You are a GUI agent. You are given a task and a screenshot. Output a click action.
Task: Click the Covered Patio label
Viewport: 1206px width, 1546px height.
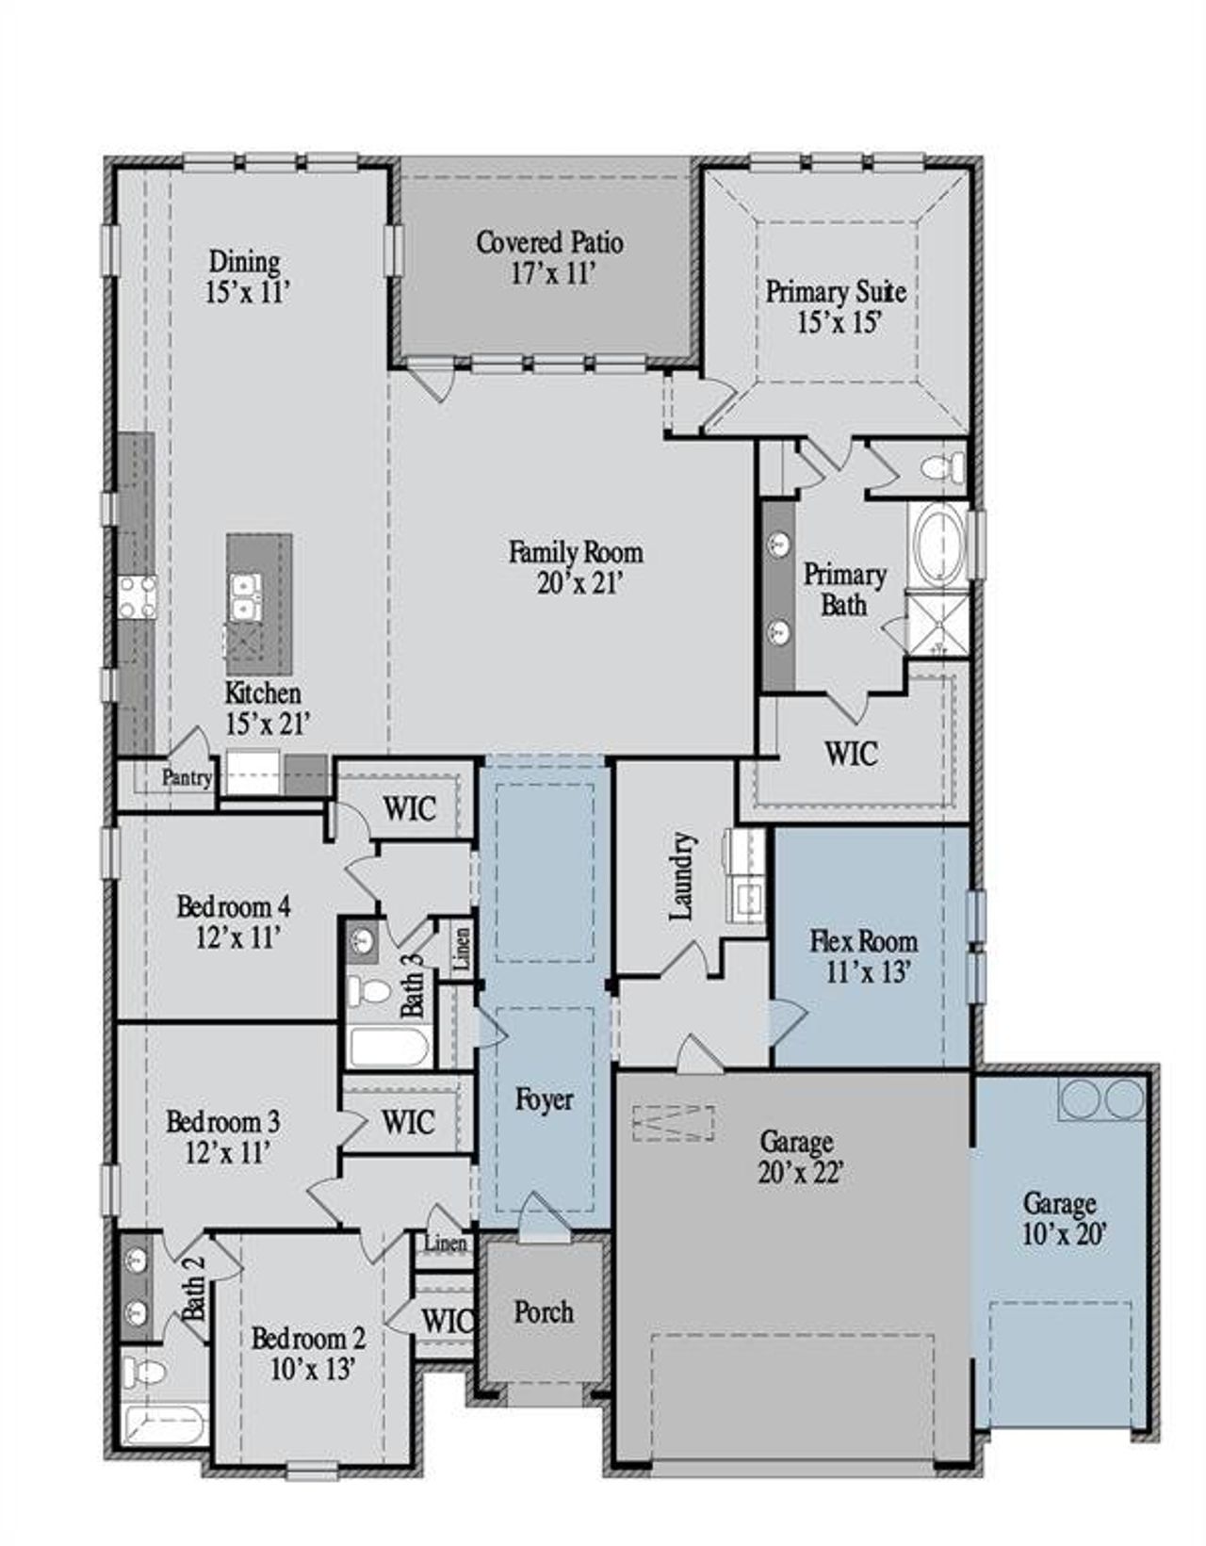click(549, 243)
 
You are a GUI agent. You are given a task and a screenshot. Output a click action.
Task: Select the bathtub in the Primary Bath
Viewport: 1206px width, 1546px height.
click(937, 545)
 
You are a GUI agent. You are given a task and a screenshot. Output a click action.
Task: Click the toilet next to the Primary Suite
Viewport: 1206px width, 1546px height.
click(945, 466)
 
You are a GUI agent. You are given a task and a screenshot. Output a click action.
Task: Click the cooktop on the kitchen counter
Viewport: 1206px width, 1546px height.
click(137, 597)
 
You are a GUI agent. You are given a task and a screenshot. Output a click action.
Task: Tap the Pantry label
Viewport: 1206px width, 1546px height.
click(187, 778)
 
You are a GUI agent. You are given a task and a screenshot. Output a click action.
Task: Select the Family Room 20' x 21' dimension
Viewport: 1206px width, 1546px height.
click(576, 584)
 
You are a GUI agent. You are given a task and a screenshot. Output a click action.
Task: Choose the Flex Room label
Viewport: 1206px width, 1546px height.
click(863, 940)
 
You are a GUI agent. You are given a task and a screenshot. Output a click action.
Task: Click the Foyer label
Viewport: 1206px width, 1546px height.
click(545, 1099)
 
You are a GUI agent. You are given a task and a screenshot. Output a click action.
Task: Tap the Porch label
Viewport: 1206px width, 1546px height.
click(544, 1311)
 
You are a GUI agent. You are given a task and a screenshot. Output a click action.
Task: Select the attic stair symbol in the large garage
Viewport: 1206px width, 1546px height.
click(673, 1123)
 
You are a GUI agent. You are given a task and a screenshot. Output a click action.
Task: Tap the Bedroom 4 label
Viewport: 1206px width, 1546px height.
click(233, 906)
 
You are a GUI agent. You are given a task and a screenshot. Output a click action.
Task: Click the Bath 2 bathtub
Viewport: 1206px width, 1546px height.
click(166, 1423)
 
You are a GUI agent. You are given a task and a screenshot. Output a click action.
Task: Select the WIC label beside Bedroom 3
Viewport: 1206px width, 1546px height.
click(408, 1123)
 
